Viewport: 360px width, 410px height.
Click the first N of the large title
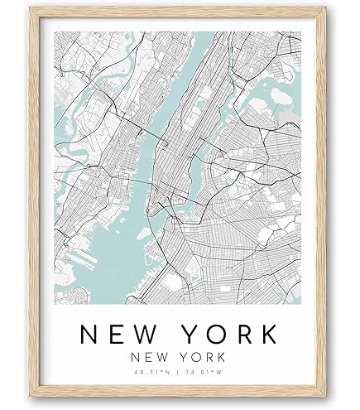[x=90, y=334]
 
